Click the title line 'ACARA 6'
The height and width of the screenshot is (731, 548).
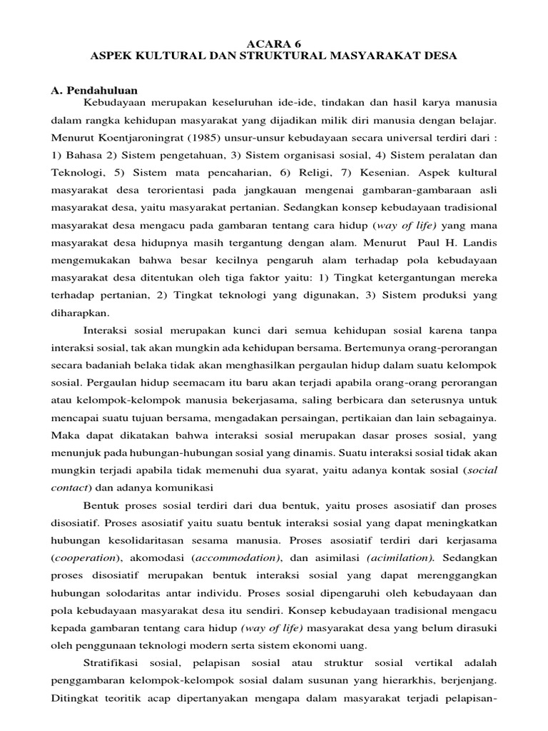tap(274, 43)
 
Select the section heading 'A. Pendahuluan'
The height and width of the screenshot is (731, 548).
tap(93, 89)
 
